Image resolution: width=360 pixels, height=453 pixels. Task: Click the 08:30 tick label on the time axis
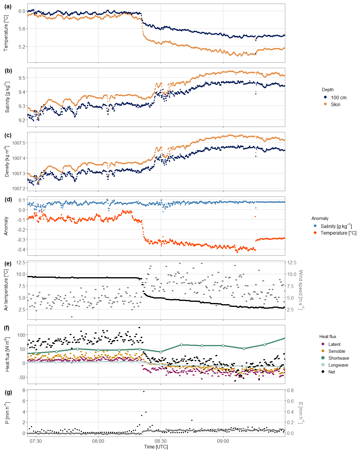pyautogui.click(x=161, y=441)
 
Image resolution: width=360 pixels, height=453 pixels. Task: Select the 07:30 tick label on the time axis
pyautogui.click(x=36, y=441)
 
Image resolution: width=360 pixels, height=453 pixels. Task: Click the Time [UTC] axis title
pyautogui.click(x=156, y=447)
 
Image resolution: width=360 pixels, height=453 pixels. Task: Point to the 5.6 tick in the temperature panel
pyautogui.click(x=22, y=29)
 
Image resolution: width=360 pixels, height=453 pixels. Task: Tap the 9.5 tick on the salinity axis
pyautogui.click(x=22, y=78)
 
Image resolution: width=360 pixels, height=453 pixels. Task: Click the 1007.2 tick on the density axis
pyautogui.click(x=19, y=189)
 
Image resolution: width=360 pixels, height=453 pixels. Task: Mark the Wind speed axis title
pyautogui.click(x=301, y=289)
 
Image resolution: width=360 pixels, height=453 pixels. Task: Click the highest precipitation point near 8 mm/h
pyautogui.click(x=144, y=391)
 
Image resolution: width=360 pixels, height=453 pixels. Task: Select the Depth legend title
pyautogui.click(x=328, y=90)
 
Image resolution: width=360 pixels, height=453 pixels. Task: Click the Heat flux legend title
pyautogui.click(x=328, y=337)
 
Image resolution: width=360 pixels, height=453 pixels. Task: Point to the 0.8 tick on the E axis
pyautogui.click(x=290, y=391)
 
